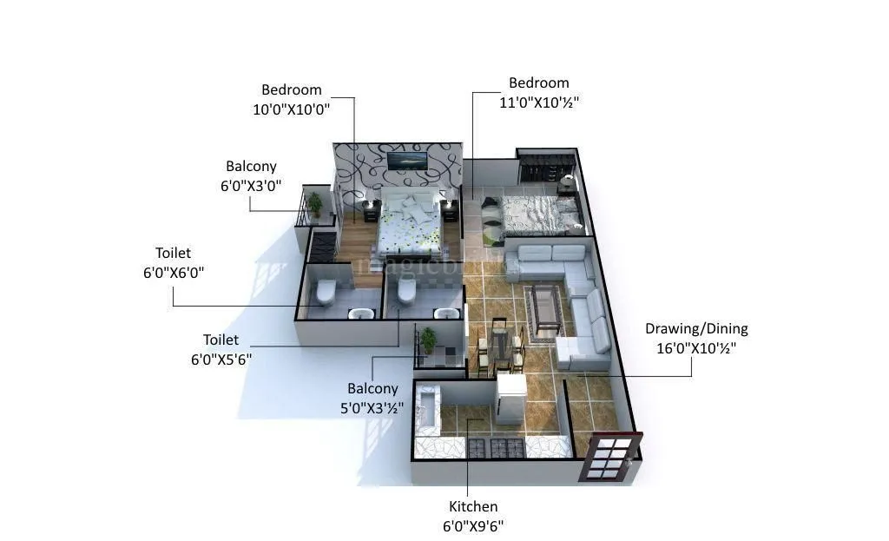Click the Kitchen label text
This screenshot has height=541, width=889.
[473, 507]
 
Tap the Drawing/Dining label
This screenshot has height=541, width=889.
[696, 329]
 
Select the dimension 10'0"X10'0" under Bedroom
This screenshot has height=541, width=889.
[292, 109]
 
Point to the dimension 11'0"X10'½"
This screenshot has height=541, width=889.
[538, 102]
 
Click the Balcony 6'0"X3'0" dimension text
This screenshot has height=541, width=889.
[251, 185]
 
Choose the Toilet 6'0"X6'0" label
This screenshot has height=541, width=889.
[173, 254]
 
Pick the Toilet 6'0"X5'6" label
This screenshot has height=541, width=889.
[221, 340]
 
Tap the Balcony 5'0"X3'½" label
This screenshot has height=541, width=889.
[372, 389]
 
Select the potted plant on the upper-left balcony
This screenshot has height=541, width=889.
[314, 204]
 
